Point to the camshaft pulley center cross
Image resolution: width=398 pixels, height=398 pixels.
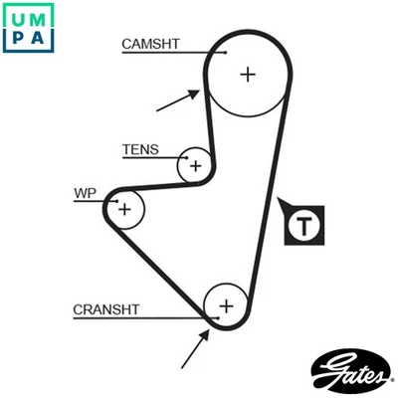pos(246,74)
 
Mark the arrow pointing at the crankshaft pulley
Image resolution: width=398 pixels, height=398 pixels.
pos(195,349)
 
